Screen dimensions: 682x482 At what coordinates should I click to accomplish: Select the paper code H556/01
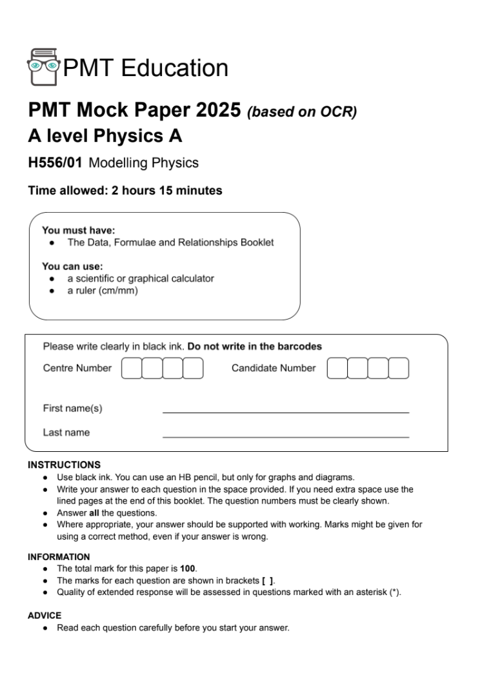(55, 163)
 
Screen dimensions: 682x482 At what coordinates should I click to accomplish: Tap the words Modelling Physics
(143, 163)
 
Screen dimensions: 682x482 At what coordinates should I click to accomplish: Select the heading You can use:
(72, 266)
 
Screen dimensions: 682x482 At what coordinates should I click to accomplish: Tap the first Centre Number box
(132, 368)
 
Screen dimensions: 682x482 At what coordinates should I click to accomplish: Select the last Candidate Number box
(399, 368)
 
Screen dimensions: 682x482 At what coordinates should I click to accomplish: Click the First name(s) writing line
(285, 411)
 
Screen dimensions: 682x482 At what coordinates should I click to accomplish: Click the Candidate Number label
(274, 368)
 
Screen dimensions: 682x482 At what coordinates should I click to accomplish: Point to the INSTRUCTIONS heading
(65, 463)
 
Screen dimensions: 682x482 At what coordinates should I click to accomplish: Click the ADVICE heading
(45, 616)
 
